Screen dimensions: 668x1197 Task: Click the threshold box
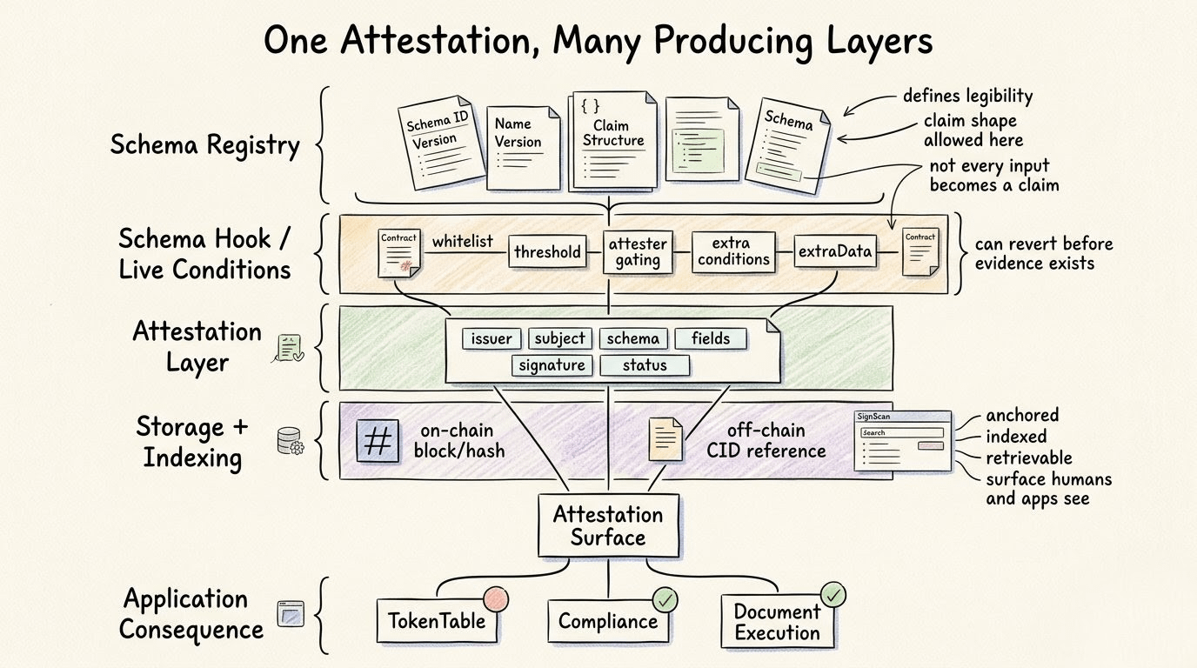[x=547, y=252]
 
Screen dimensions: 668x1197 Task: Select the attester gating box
[x=638, y=252]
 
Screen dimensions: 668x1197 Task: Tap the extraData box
[x=834, y=252]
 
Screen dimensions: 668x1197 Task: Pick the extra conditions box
[x=734, y=252]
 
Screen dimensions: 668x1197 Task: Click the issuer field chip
[x=492, y=338]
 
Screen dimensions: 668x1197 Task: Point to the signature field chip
[x=552, y=365]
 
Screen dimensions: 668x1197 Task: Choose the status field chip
[x=645, y=365]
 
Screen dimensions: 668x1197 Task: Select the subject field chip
[x=560, y=338]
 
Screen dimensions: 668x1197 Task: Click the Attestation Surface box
[x=608, y=525]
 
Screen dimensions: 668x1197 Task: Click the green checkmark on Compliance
[x=665, y=599]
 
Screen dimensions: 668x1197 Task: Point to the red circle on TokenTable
[x=495, y=598]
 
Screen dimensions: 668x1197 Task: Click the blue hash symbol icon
[x=378, y=440]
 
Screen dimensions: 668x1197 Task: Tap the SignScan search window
[x=902, y=440]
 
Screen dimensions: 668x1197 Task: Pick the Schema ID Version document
[x=440, y=144]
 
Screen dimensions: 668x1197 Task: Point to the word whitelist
[x=462, y=240]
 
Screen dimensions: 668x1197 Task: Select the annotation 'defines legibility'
[x=967, y=96]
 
